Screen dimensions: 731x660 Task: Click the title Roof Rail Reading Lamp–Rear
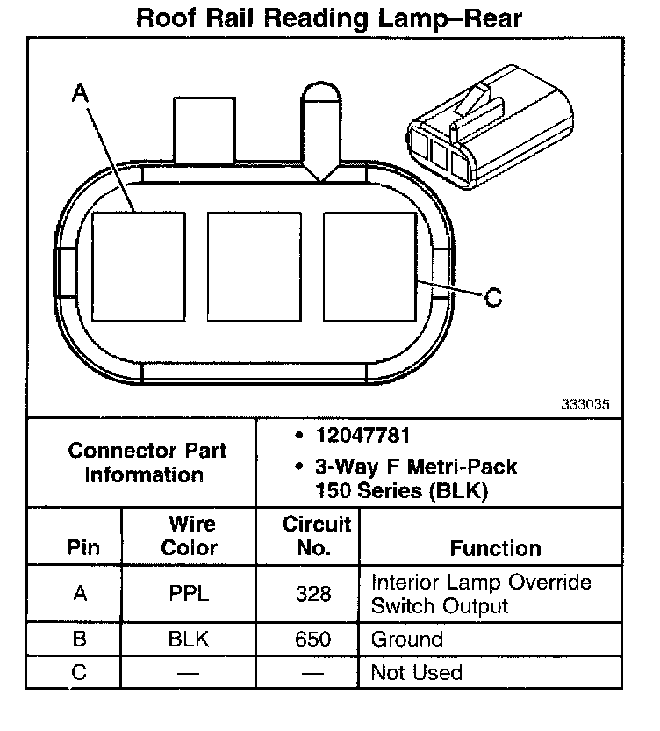[x=328, y=18]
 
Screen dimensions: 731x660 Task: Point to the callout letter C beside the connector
[x=493, y=298]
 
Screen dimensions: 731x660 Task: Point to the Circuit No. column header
[x=316, y=536]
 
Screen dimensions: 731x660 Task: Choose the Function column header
[x=496, y=548]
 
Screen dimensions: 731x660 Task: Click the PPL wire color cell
[x=190, y=594]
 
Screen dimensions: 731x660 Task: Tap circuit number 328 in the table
[x=314, y=594]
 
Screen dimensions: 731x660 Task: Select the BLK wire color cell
[x=190, y=639]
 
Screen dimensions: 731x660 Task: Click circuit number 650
[x=314, y=639]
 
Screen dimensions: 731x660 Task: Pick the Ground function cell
[x=407, y=639]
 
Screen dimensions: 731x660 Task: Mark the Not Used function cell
[x=417, y=672]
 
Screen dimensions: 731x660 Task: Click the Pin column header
[x=83, y=548]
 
